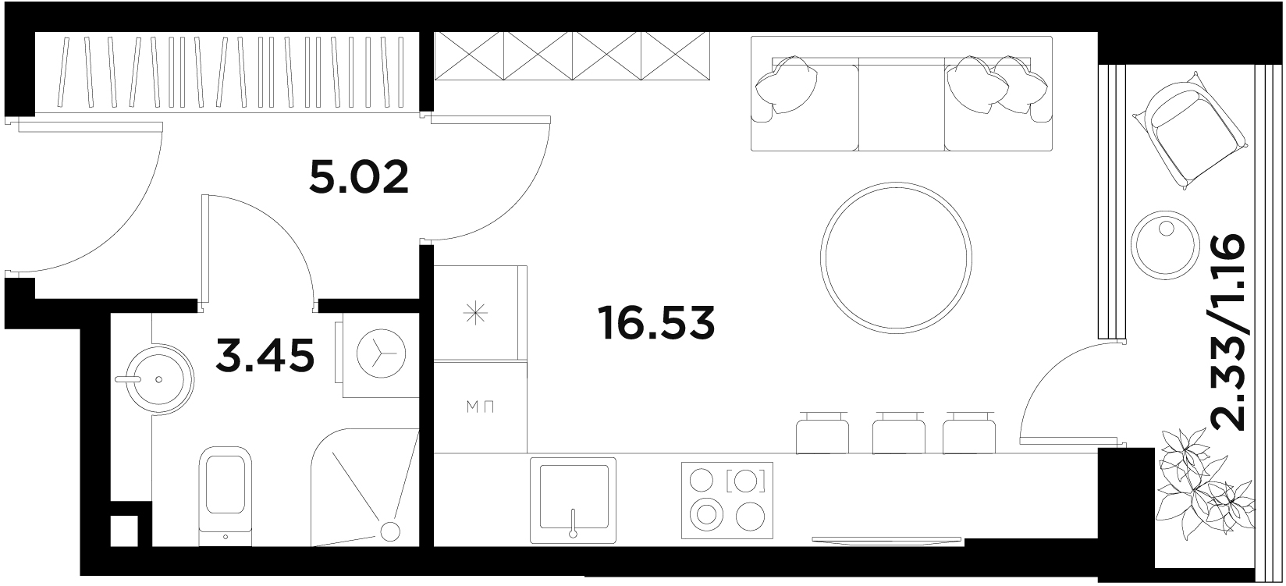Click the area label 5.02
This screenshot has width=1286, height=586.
pyautogui.click(x=359, y=177)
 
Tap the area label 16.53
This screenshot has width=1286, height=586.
pyautogui.click(x=656, y=322)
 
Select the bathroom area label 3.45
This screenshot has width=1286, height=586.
pyautogui.click(x=265, y=355)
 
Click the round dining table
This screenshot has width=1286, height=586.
pyautogui.click(x=896, y=258)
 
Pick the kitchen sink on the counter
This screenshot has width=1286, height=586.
pyautogui.click(x=573, y=500)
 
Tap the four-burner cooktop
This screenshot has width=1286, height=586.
pyautogui.click(x=726, y=500)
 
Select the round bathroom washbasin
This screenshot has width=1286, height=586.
pyautogui.click(x=155, y=378)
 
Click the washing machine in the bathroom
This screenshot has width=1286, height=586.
pyautogui.click(x=379, y=355)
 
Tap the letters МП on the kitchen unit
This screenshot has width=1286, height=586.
pyautogui.click(x=480, y=407)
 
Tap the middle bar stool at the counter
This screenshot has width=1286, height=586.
pyautogui.click(x=898, y=433)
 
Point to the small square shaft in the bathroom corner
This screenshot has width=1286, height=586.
pyautogui.click(x=123, y=531)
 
